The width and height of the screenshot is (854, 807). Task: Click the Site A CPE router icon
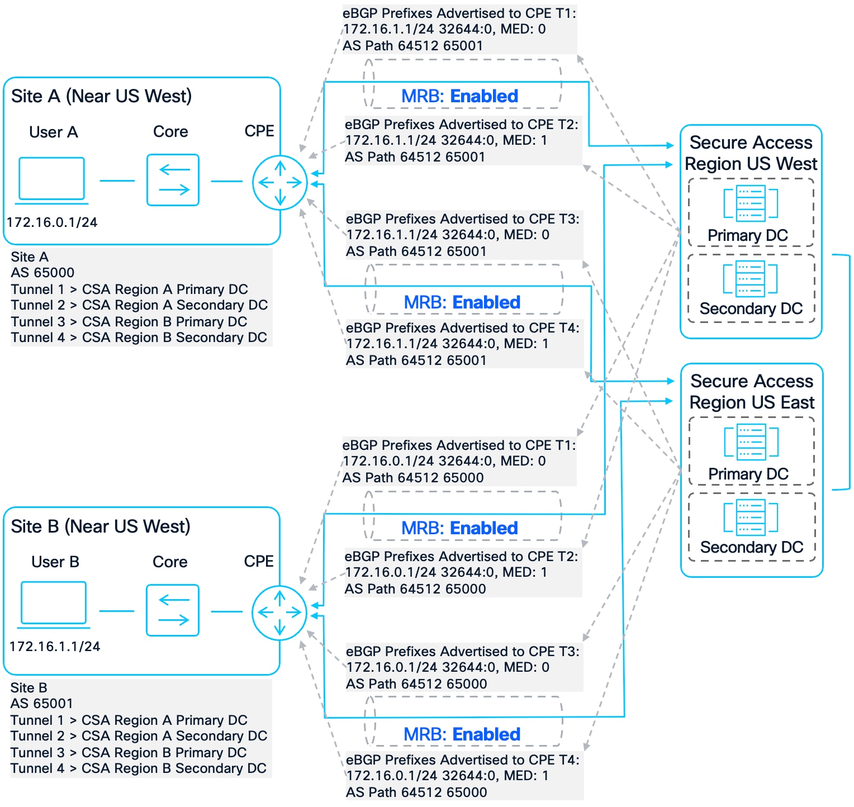click(280, 183)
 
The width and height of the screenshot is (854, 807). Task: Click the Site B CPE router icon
click(279, 613)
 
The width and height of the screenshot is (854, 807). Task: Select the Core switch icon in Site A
click(173, 180)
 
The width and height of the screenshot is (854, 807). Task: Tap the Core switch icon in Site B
click(173, 610)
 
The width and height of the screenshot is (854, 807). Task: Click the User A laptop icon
click(52, 179)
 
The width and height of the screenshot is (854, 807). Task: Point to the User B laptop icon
click(54, 604)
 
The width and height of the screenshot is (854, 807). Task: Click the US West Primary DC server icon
click(751, 203)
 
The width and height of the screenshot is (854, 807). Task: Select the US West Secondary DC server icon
click(751, 278)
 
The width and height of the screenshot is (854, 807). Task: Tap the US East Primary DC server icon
click(751, 442)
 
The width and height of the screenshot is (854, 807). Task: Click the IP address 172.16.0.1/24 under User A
click(52, 222)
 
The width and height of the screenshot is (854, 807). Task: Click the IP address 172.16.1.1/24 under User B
click(55, 647)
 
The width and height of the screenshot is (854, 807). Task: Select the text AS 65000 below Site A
click(42, 273)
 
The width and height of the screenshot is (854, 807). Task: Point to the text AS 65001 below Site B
click(42, 704)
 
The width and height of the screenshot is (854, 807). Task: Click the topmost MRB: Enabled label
click(459, 96)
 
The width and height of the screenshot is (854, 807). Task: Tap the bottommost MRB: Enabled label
click(462, 734)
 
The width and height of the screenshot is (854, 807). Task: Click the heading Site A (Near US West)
click(101, 96)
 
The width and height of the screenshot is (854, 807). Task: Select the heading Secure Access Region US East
click(752, 392)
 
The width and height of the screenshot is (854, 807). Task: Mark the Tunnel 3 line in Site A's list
click(129, 322)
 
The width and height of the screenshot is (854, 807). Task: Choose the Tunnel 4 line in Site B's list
click(138, 768)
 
